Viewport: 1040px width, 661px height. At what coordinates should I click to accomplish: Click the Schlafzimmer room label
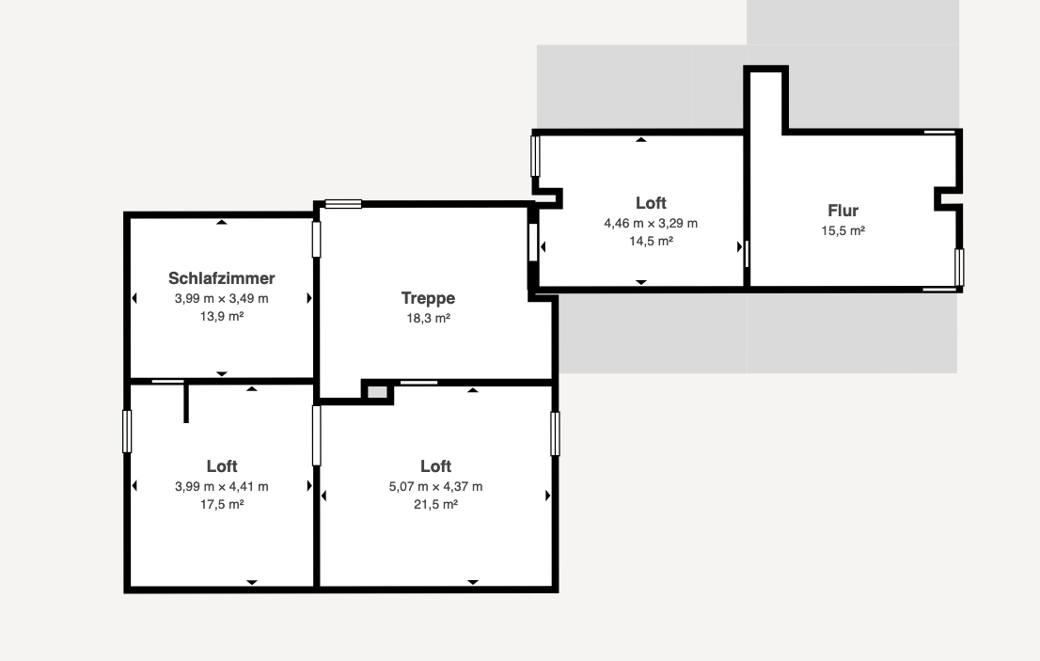pos(222,278)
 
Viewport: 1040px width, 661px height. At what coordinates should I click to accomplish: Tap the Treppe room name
pos(428,298)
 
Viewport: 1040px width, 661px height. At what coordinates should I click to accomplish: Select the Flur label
pos(843,211)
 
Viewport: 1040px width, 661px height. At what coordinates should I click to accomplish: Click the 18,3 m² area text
pos(429,318)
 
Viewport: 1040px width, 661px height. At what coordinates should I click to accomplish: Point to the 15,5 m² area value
pos(843,230)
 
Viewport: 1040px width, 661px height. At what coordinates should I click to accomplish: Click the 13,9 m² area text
pos(222,316)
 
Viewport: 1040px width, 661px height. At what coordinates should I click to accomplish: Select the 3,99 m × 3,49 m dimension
pos(222,298)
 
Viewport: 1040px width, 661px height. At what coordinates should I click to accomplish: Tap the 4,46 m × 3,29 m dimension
pos(651,224)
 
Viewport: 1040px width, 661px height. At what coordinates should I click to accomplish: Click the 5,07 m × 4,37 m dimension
pos(435,487)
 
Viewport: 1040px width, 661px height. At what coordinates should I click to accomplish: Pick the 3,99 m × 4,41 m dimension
pos(222,487)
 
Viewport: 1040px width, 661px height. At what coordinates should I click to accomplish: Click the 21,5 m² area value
pos(435,505)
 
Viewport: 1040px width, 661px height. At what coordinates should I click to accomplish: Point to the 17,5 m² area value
pos(222,505)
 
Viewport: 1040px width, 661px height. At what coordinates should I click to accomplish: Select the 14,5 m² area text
pos(651,242)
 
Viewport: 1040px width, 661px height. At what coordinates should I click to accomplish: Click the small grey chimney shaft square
pos(377,392)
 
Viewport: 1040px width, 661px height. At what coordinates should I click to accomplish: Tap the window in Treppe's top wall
pos(343,204)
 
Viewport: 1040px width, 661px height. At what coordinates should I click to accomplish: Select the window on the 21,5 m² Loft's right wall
pos(555,433)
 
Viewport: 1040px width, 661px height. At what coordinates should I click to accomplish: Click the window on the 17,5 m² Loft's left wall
pos(127,432)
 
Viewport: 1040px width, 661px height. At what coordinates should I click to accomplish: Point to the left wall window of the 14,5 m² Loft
pos(535,156)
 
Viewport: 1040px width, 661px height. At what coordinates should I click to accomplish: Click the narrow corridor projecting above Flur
pos(766,101)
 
